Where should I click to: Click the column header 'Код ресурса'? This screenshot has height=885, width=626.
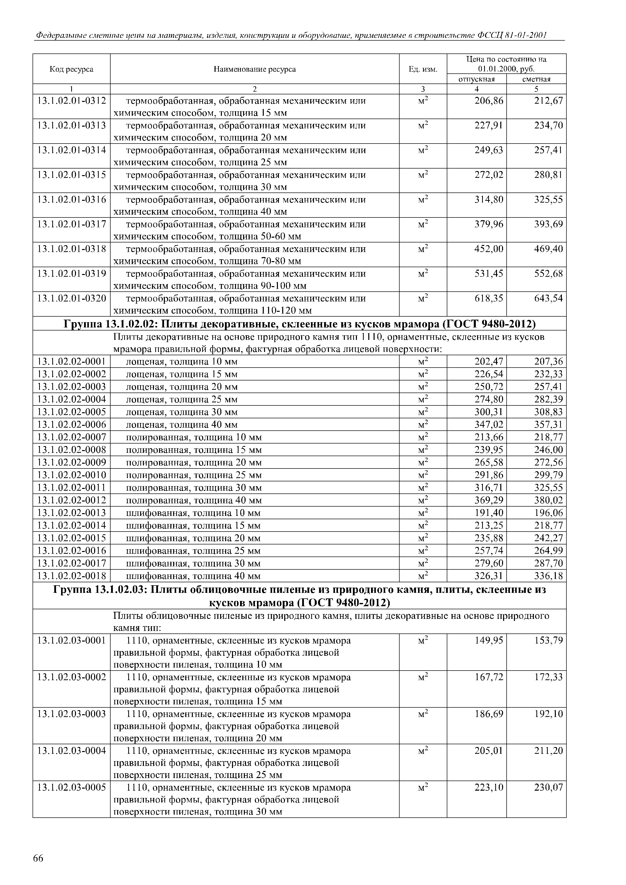coord(71,69)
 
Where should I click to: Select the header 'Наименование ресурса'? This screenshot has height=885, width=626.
coord(255,69)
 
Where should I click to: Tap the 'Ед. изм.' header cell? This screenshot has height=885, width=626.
coord(423,69)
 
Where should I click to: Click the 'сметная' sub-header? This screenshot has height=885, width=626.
coord(536,79)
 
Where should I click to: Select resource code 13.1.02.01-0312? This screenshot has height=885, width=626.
coord(71,101)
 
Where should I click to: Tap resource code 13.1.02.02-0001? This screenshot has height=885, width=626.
coord(71,362)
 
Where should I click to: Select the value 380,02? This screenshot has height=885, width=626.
coord(549,500)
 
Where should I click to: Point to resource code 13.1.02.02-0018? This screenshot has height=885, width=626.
coord(71,576)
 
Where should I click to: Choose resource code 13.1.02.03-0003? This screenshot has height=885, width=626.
coord(71,714)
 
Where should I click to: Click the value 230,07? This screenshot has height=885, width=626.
coord(549,787)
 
